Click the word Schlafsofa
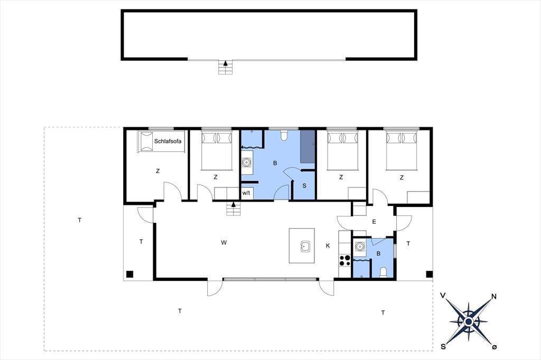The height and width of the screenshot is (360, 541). [x=167, y=141]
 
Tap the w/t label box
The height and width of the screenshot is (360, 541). [x=246, y=193]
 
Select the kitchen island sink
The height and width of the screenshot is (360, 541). [x=305, y=247]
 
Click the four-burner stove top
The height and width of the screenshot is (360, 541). [x=344, y=260]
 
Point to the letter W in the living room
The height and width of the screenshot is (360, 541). [x=224, y=243]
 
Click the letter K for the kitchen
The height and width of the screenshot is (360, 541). [x=328, y=245]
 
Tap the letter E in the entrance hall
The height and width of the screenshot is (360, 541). [x=374, y=222]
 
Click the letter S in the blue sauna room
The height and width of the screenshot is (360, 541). [x=304, y=186]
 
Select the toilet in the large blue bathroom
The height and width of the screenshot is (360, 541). [x=284, y=136]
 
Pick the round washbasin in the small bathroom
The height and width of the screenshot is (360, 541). [x=359, y=247]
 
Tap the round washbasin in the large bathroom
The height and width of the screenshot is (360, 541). [x=247, y=162]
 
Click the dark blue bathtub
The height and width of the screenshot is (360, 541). [x=307, y=147]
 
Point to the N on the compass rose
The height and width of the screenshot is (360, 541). [x=494, y=297]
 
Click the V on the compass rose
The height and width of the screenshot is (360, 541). [x=443, y=295]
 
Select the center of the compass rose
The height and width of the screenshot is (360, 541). [x=468, y=321]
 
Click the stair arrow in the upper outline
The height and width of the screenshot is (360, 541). [x=226, y=63]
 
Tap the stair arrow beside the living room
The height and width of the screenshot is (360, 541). [x=234, y=204]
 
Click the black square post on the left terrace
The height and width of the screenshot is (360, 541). [x=129, y=274]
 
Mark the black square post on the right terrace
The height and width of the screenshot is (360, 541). [x=429, y=274]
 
